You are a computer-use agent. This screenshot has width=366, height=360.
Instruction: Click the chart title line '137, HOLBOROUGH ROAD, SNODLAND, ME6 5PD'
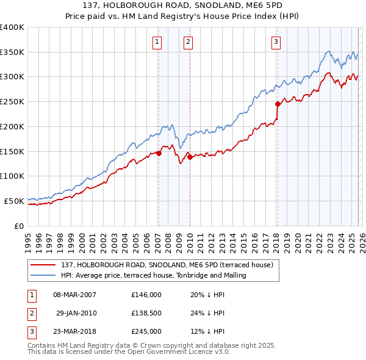[x=183, y=5]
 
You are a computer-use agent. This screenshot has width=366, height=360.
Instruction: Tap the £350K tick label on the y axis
[x=12, y=52]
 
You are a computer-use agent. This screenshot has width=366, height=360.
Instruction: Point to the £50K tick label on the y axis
[x=14, y=201]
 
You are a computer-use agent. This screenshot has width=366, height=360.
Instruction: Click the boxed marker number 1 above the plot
[x=157, y=42]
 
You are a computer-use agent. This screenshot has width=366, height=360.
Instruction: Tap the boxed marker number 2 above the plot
[x=188, y=42]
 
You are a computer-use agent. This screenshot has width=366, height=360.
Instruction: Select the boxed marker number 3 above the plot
[x=276, y=42]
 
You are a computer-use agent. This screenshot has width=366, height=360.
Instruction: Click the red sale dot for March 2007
[x=159, y=153]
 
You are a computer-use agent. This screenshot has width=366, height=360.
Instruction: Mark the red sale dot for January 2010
[x=190, y=157]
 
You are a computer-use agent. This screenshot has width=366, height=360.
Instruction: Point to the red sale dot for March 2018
[x=278, y=104]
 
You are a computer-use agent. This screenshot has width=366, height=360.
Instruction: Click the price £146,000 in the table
[x=146, y=295]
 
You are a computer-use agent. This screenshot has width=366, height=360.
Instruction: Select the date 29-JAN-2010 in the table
[x=76, y=313]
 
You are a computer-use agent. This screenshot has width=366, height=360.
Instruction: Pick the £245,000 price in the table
[x=146, y=331]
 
